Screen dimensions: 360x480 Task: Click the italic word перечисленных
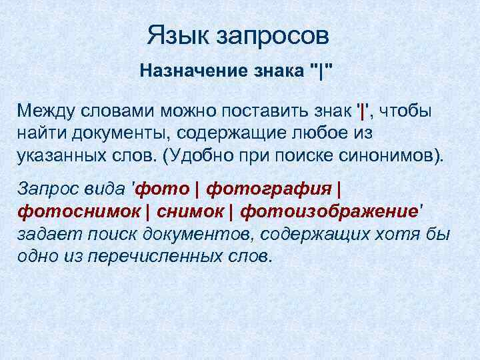click(143, 256)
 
